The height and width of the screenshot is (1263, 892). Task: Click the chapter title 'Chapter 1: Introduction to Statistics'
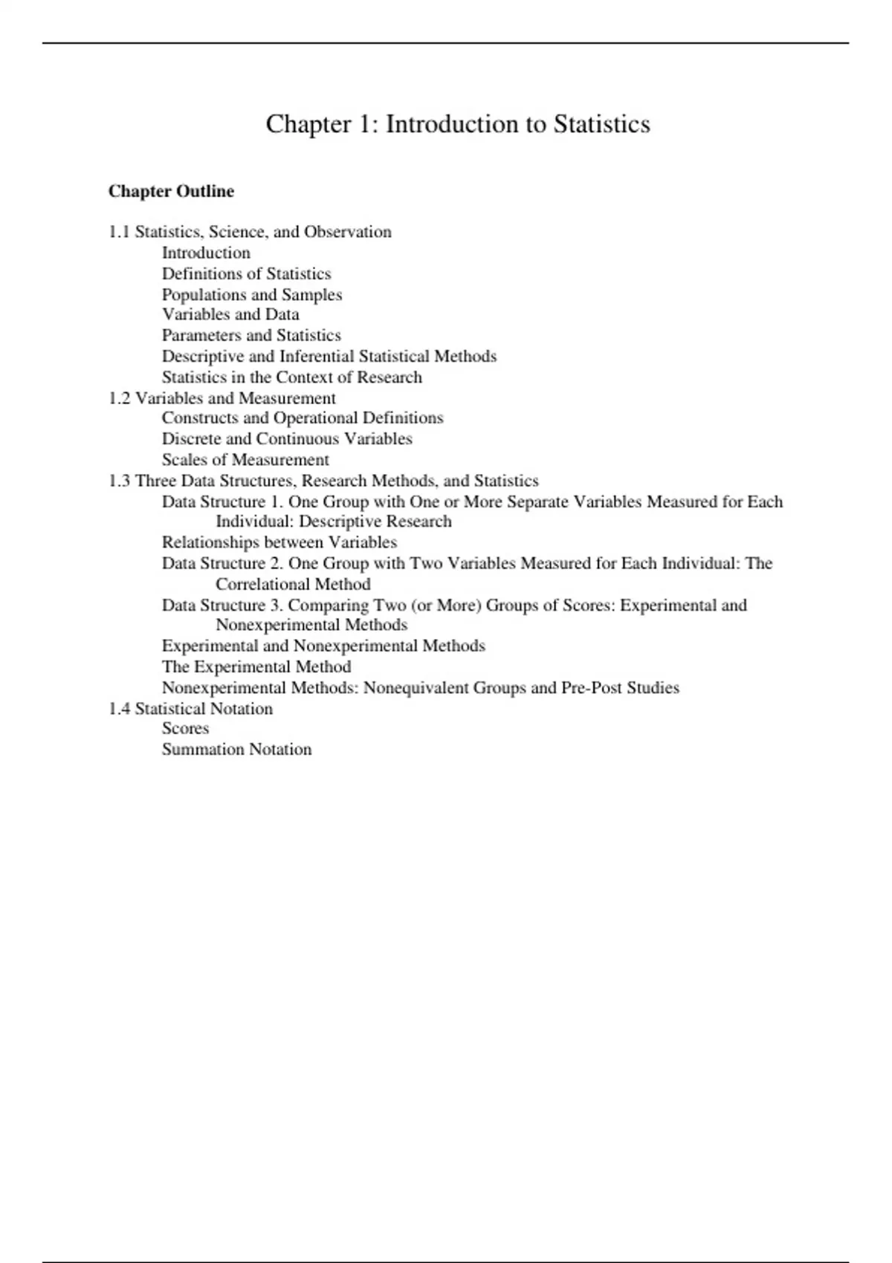pos(458,124)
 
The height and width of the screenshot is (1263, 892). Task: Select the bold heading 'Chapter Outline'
pos(171,192)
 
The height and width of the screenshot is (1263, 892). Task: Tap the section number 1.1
pos(119,232)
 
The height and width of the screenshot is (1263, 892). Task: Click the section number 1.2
pos(119,398)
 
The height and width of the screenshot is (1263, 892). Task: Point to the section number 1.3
pos(119,481)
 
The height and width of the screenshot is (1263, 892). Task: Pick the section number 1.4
pos(119,709)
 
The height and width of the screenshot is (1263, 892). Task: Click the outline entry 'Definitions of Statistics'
pos(246,273)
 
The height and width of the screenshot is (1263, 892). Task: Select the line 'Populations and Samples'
pos(252,294)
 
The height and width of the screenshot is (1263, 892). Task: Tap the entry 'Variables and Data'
pos(230,314)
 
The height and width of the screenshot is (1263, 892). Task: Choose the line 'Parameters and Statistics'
pos(251,335)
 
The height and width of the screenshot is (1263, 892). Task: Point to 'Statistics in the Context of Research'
pos(292,377)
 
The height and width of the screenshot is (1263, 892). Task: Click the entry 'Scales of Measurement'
pos(245,460)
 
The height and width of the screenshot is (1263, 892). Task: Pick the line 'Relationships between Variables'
pos(279,542)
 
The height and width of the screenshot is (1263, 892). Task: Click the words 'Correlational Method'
pos(293,584)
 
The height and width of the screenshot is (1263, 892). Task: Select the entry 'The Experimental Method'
pos(256,666)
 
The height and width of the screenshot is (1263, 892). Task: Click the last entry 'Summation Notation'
pos(236,749)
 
